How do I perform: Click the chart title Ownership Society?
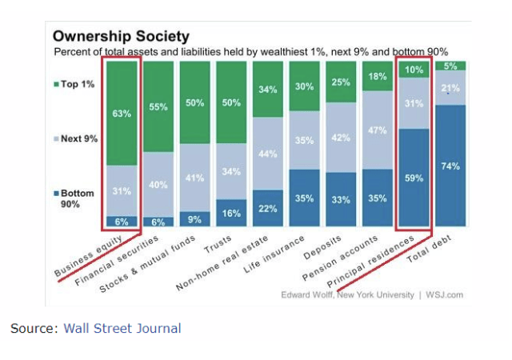point(121,36)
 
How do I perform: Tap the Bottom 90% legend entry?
point(77,198)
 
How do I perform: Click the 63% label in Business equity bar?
point(122,114)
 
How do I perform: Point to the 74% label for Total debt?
point(450,165)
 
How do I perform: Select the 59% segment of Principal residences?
point(414,178)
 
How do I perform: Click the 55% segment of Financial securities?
point(158,106)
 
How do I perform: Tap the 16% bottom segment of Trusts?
point(231,213)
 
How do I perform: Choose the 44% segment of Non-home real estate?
point(268,154)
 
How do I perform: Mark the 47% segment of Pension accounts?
point(378,130)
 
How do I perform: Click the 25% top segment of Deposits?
point(341,82)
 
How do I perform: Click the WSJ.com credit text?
point(446,294)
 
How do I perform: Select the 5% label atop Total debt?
point(450,66)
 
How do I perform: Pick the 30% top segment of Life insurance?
point(304,86)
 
